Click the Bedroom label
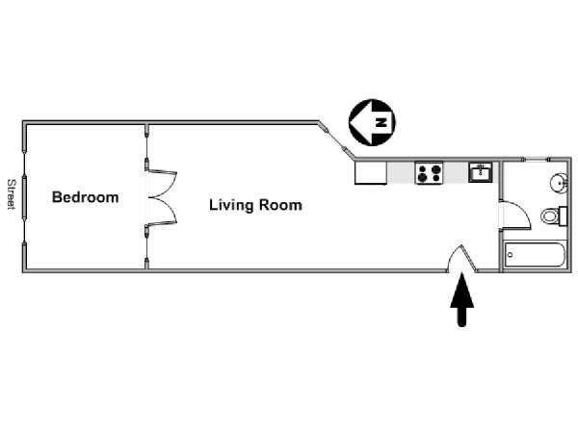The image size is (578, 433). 85,197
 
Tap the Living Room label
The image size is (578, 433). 255,205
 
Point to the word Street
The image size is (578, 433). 12,194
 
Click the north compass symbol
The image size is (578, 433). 372,122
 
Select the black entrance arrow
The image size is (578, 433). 461,299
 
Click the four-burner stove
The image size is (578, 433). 429,173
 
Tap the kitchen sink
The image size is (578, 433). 481,172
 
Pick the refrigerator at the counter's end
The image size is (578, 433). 371,172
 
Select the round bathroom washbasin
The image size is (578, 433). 559,182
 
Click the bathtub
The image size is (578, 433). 535,254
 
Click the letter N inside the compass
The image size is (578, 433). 381,122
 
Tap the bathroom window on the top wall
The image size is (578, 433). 537,160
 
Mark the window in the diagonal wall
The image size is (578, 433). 336,140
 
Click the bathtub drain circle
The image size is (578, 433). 511,254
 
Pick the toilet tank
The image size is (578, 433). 563,216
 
